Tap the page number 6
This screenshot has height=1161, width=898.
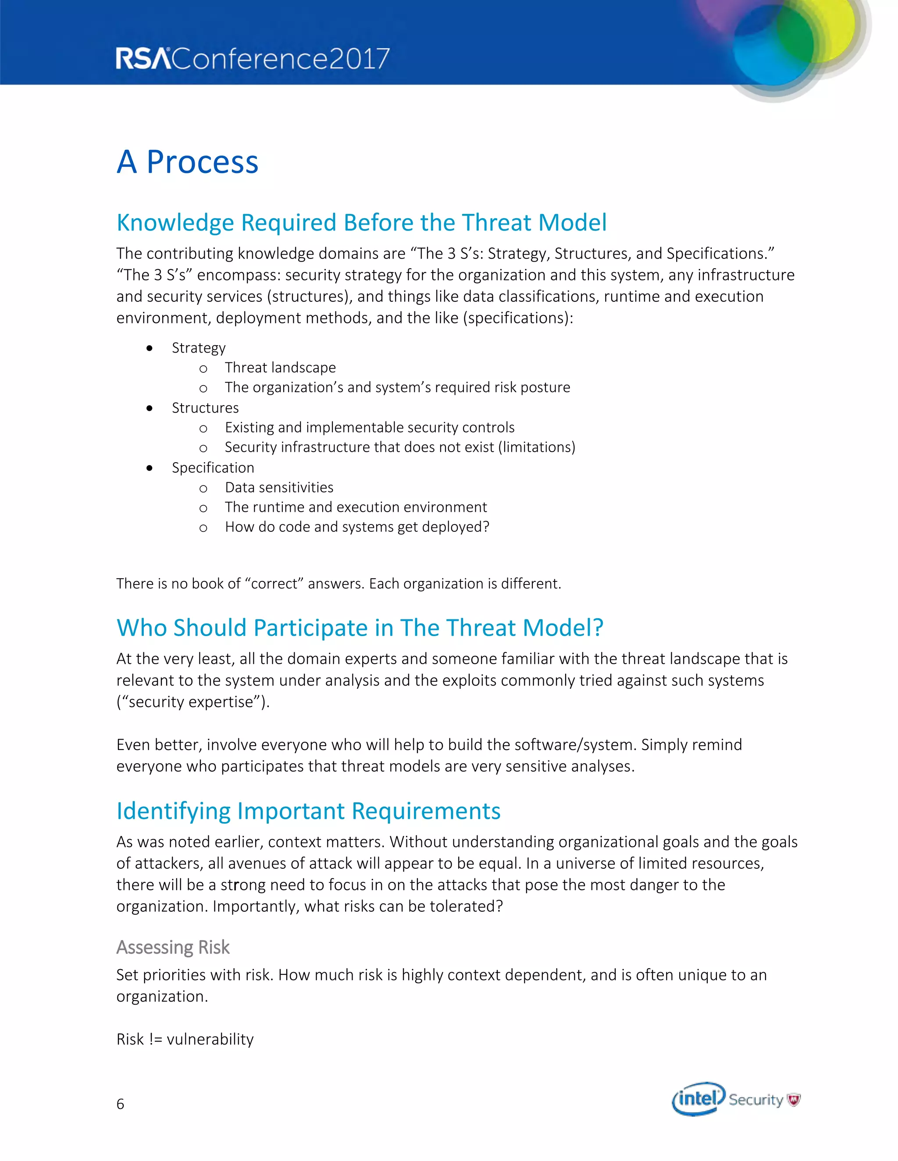coord(120,1104)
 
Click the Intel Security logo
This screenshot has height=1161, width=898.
coord(736,1099)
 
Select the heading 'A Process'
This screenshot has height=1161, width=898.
coord(187,162)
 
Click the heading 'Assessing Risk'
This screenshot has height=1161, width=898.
coord(173,947)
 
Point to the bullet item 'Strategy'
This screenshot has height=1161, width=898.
coord(199,348)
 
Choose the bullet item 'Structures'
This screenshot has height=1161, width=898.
coord(205,408)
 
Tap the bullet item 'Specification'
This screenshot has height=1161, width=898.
coord(213,468)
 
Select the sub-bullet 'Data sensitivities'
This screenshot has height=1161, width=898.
coord(279,488)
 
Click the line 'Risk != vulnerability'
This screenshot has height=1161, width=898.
coord(185,1039)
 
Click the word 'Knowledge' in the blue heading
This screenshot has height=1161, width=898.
coord(175,223)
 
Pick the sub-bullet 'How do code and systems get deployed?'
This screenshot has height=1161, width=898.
coord(357,527)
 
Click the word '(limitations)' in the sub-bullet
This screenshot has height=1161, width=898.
coord(537,447)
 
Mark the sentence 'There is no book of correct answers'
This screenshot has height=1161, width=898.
coord(339,584)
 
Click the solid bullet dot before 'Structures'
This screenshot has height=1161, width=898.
coord(150,408)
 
